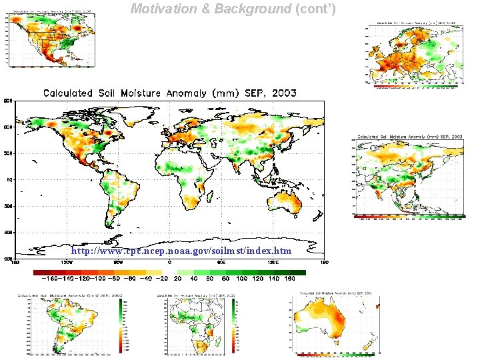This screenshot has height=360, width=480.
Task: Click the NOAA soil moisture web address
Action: pos(181,251)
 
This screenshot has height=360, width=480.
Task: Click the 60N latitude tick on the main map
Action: pos(9,127)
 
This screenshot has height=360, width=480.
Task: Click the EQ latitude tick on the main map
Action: pos(9,179)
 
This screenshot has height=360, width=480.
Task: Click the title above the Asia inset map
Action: pos(410,136)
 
